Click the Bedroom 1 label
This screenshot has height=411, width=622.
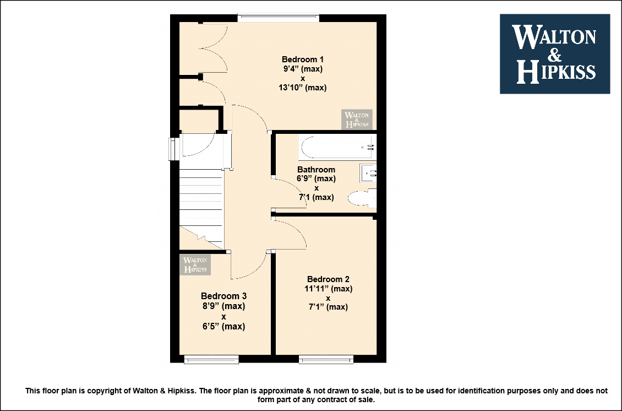click(x=303, y=60)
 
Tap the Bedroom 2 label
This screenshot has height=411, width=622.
click(x=328, y=279)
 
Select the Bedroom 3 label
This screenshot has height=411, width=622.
click(x=223, y=296)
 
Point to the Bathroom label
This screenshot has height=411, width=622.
click(x=316, y=170)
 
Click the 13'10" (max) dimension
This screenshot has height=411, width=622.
click(x=303, y=88)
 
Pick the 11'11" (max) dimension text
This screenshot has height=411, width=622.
click(x=329, y=289)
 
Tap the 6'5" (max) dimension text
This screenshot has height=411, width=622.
click(x=223, y=326)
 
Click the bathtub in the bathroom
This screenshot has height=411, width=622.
click(x=337, y=147)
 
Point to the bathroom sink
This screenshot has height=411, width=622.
click(x=368, y=174)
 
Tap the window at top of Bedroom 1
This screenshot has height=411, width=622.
click(x=279, y=18)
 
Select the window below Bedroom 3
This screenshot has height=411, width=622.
click(x=211, y=359)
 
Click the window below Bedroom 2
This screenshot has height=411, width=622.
click(x=326, y=359)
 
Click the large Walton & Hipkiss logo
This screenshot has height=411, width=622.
click(x=555, y=54)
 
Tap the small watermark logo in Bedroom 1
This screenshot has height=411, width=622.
click(x=357, y=120)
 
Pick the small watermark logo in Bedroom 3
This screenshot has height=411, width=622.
click(x=195, y=265)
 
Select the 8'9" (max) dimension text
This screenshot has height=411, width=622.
click(x=223, y=306)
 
